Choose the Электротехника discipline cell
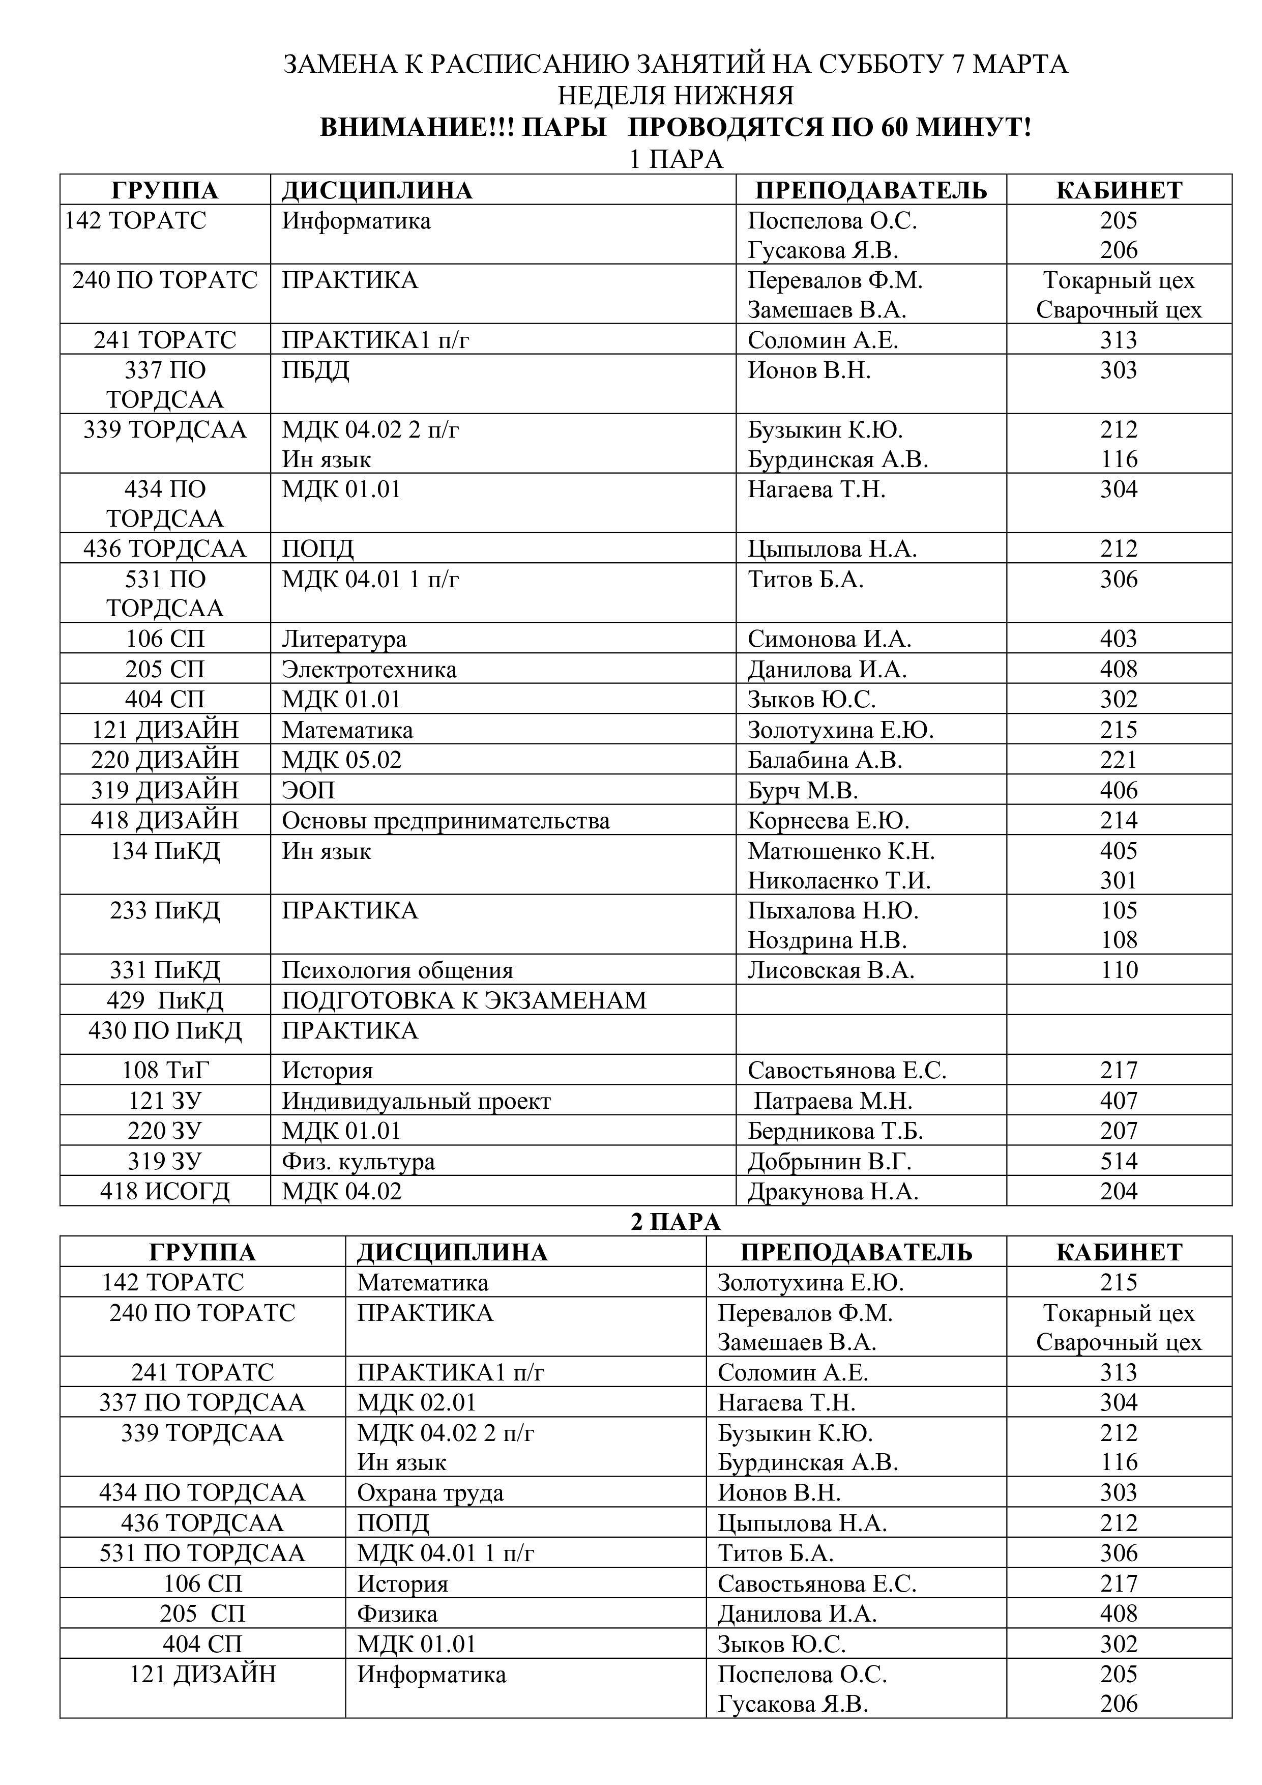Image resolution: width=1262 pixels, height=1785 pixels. point(369,670)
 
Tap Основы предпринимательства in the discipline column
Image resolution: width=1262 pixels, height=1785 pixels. point(445,821)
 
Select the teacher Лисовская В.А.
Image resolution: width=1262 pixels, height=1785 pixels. point(831,970)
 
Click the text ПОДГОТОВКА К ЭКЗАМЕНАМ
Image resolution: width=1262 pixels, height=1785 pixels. point(464,1000)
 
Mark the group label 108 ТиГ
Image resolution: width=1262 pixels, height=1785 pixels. point(165,1071)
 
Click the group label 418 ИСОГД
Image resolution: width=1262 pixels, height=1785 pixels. point(165,1192)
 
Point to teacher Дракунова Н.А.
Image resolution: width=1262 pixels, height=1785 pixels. point(833,1192)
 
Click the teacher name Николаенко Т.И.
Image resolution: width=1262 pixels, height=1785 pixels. point(839,881)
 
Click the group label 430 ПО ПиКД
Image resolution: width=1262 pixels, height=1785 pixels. point(165,1031)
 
